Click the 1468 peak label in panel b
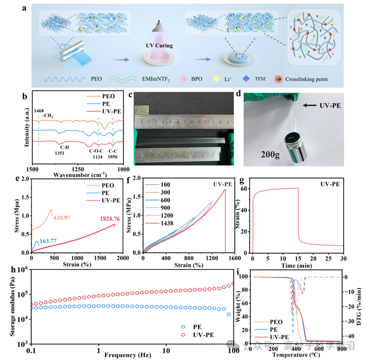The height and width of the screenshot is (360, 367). coord(39,111)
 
